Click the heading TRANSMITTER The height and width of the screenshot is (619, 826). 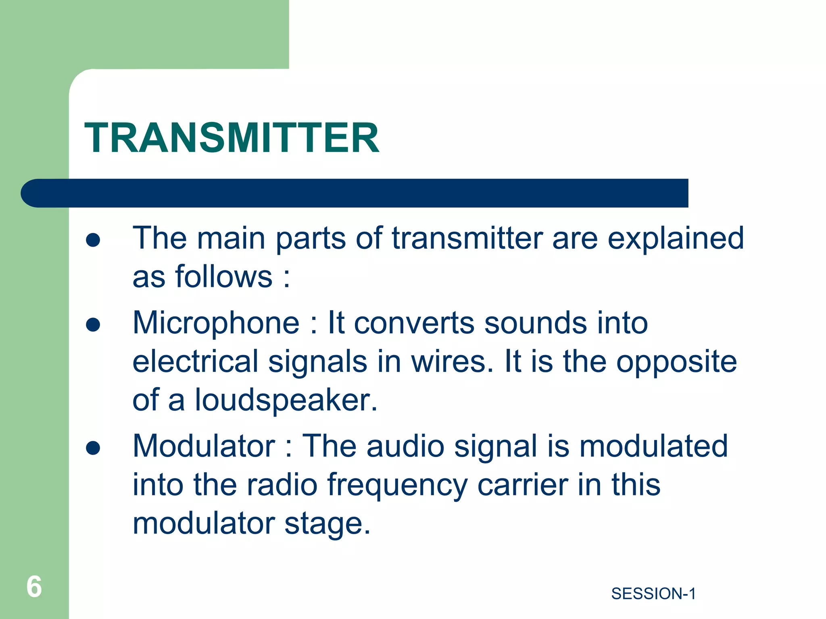232,138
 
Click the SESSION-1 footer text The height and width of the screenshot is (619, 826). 653,594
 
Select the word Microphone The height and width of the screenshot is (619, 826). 216,323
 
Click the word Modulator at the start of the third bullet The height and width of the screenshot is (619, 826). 204,446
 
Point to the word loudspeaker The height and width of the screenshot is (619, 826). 286,400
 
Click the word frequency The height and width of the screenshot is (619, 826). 397,485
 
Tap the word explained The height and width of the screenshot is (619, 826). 675,238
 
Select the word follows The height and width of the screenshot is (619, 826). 224,277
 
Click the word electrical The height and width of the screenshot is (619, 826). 195,361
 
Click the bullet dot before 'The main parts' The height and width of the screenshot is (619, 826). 93,240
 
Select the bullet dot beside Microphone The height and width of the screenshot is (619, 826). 93,325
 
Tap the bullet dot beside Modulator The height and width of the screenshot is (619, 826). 93,448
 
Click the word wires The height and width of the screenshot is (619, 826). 452,361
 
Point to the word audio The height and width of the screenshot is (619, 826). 405,446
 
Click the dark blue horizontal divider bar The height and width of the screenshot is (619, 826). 355,193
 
